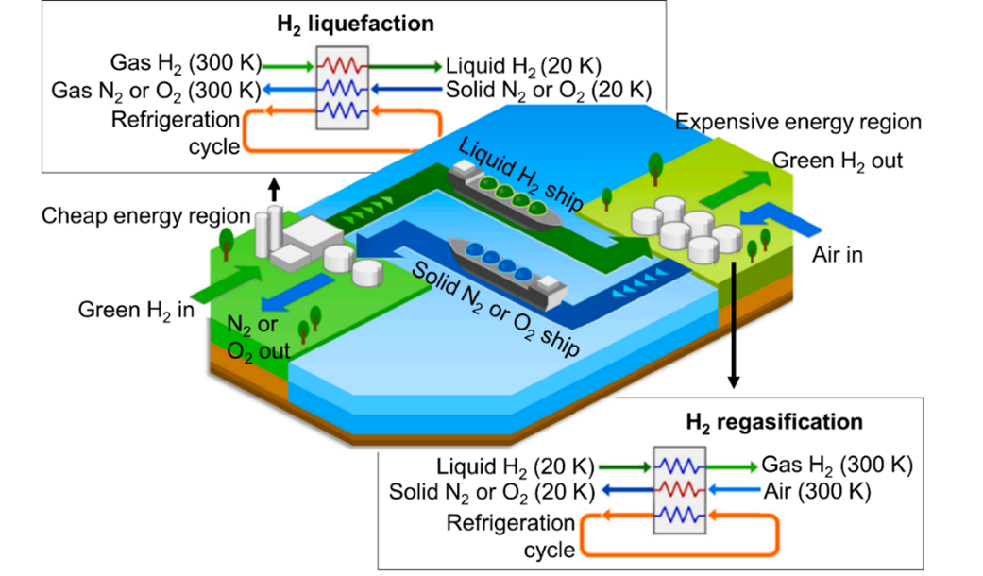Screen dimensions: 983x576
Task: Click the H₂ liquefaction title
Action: click(355, 25)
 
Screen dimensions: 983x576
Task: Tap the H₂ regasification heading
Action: click(774, 422)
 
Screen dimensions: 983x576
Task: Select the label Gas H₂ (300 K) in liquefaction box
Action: click(186, 63)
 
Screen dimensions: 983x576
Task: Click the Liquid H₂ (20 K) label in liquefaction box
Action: click(523, 66)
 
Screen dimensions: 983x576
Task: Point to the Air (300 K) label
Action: click(818, 491)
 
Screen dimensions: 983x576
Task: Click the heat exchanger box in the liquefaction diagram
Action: click(342, 88)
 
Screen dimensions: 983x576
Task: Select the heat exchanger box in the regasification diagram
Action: click(680, 490)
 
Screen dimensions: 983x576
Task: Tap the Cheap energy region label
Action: click(146, 215)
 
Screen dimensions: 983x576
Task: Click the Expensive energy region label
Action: click(798, 122)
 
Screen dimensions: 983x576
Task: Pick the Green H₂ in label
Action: click(136, 311)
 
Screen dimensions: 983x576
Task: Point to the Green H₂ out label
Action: click(837, 161)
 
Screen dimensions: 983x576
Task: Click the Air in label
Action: click(838, 255)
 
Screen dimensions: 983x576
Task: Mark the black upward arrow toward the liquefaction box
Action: click(274, 189)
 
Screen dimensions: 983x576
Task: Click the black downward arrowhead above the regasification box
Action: click(734, 381)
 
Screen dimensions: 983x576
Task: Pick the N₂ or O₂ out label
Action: click(259, 338)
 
